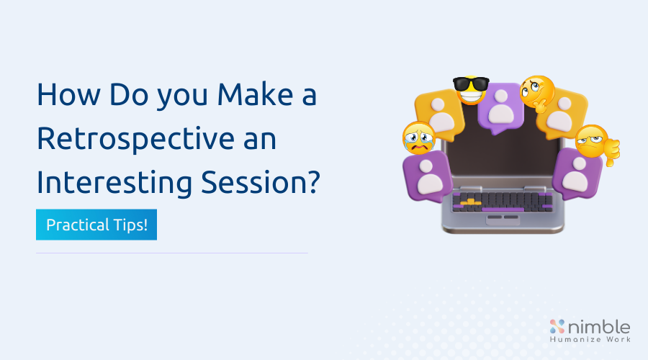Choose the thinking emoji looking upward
click(x=536, y=91)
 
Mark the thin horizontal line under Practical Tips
click(x=172, y=253)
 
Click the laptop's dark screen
click(x=502, y=158)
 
